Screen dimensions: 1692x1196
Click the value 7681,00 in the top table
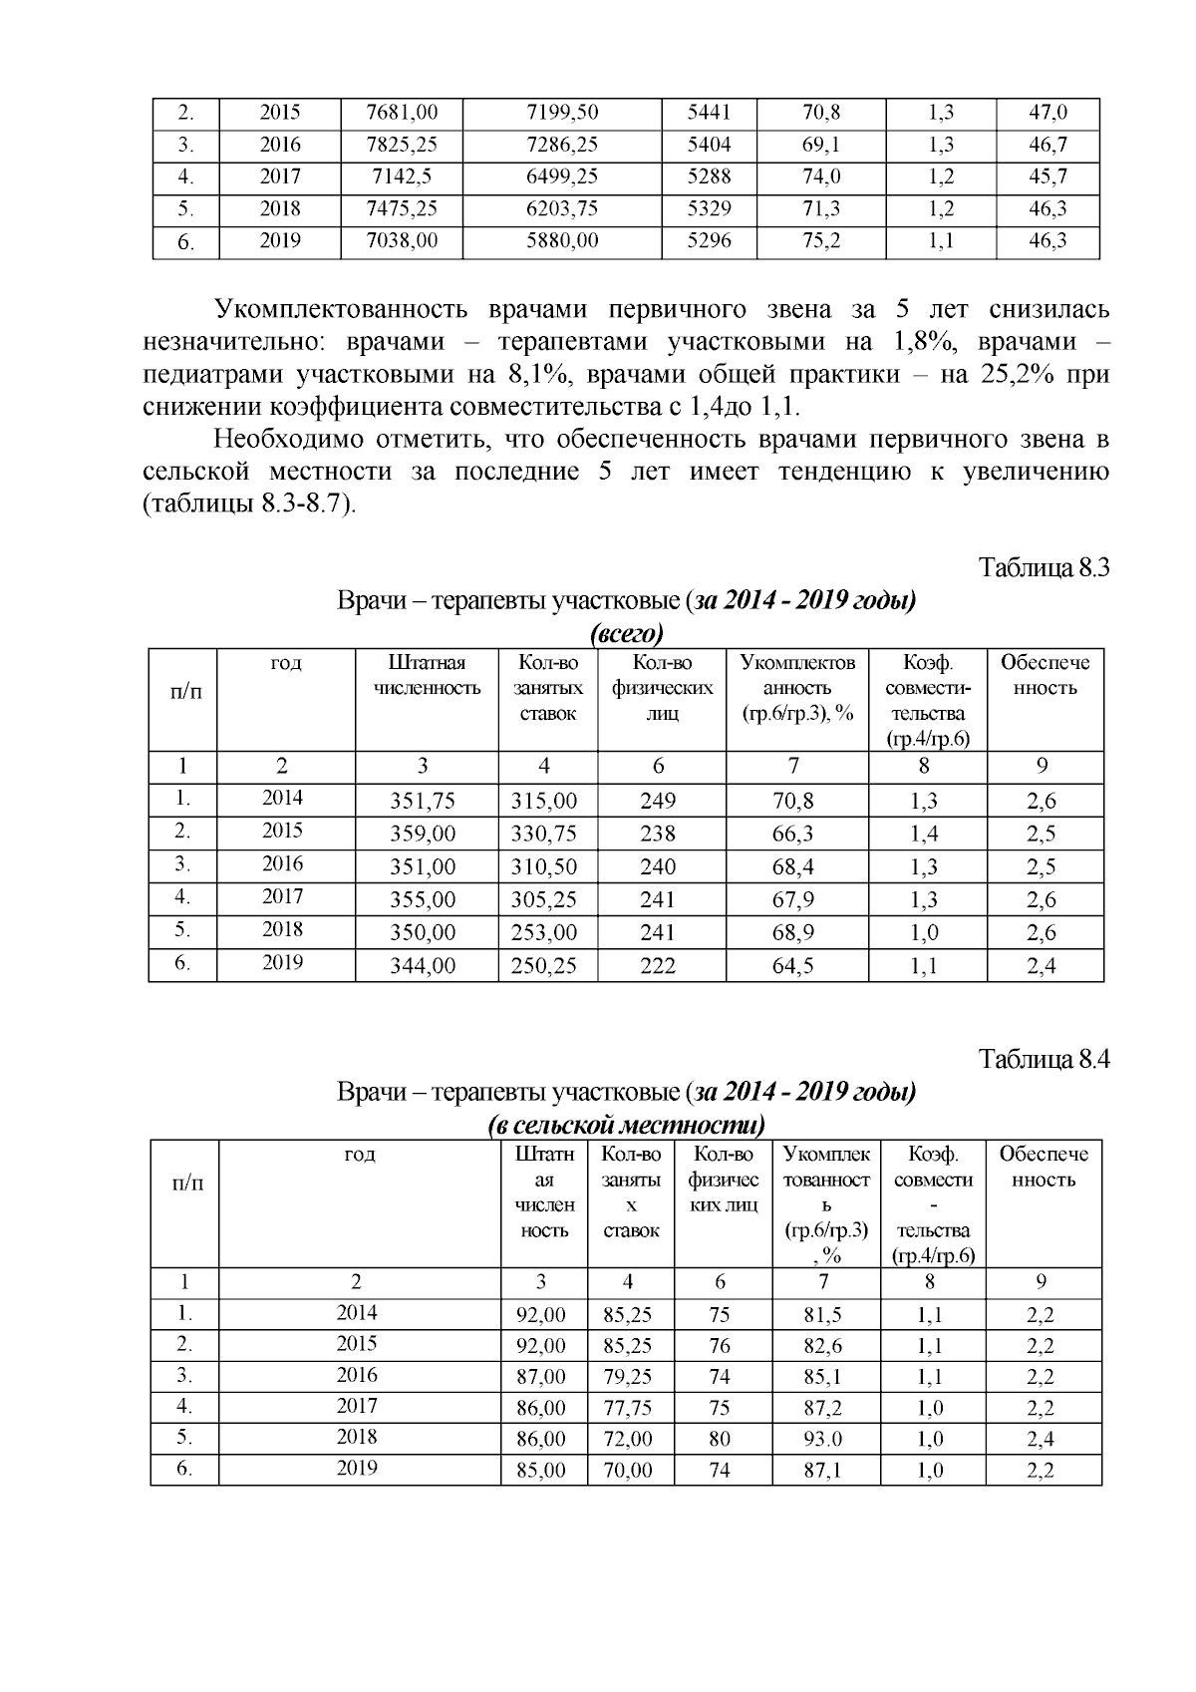click(x=402, y=113)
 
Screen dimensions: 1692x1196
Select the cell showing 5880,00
click(x=562, y=241)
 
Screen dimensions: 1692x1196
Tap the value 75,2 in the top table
click(x=821, y=241)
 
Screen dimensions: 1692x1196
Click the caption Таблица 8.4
click(x=1044, y=1058)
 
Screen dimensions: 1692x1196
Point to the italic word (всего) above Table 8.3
click(x=627, y=634)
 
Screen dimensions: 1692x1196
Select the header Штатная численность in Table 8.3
click(x=427, y=675)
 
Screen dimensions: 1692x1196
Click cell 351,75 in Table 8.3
click(x=427, y=801)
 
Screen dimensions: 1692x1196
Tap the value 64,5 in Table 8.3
click(x=793, y=965)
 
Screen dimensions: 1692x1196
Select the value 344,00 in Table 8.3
click(x=427, y=965)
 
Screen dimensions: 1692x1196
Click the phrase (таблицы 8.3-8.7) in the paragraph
click(x=249, y=504)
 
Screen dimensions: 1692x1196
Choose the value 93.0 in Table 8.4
click(x=822, y=1439)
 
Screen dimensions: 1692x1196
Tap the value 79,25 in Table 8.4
click(x=628, y=1377)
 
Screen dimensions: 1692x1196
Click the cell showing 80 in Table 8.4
click(x=720, y=1439)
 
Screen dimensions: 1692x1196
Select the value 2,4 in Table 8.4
click(x=1041, y=1439)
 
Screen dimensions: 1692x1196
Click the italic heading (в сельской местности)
click(x=627, y=1126)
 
